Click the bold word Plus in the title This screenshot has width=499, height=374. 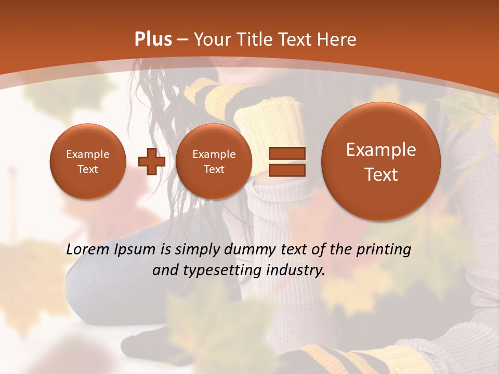(x=153, y=39)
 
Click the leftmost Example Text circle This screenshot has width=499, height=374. (x=87, y=162)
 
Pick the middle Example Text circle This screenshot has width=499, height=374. (x=214, y=162)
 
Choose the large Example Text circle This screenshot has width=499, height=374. (x=381, y=162)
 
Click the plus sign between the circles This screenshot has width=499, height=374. (x=151, y=162)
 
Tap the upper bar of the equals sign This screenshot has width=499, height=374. (x=286, y=153)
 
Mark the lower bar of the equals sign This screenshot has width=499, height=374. (x=286, y=170)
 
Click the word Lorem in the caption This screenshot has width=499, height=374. (x=87, y=250)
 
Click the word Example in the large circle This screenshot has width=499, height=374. (x=381, y=150)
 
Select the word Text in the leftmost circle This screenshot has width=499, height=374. (x=87, y=169)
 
